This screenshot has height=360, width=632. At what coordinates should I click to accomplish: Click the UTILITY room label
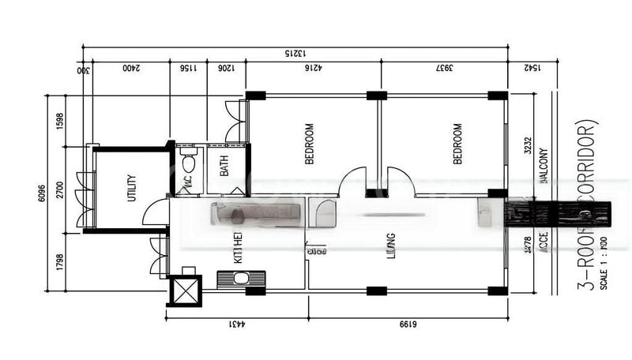[x=132, y=188]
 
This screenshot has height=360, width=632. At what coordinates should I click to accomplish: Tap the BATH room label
[x=225, y=165]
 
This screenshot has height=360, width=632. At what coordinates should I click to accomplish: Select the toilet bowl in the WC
[x=188, y=164]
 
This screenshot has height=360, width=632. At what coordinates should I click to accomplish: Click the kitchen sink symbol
[x=240, y=278]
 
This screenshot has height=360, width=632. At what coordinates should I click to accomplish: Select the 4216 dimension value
[x=313, y=69]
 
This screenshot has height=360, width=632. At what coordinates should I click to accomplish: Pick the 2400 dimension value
[x=131, y=69]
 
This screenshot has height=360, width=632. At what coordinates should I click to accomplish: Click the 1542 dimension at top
[x=532, y=69]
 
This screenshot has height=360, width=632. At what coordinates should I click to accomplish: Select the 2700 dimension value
[x=59, y=192]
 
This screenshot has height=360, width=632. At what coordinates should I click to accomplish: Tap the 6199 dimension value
[x=407, y=324]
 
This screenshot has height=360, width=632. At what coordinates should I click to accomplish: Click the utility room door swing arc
[x=156, y=212]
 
